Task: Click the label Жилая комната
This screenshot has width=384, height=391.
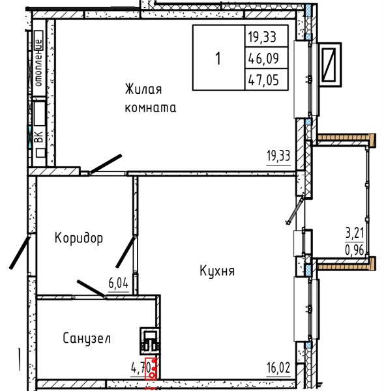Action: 151,98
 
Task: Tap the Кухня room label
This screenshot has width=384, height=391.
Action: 217,270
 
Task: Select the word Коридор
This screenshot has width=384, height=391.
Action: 79,238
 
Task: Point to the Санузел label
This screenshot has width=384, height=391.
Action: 87,339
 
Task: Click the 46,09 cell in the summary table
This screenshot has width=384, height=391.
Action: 263,59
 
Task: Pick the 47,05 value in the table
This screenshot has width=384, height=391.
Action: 263,80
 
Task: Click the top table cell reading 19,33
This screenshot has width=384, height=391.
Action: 262,37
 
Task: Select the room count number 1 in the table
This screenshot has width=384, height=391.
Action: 218,59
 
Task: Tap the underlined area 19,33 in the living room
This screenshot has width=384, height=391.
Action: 278,156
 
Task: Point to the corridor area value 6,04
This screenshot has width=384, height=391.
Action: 119,283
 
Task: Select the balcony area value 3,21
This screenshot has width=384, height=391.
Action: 355,234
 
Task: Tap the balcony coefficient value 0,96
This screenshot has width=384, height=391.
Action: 355,250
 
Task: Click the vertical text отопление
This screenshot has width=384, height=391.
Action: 38,63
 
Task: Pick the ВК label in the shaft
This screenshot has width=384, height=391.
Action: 39,137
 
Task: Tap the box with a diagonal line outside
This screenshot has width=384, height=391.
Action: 330,65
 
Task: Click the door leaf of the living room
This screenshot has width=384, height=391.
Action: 106,164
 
